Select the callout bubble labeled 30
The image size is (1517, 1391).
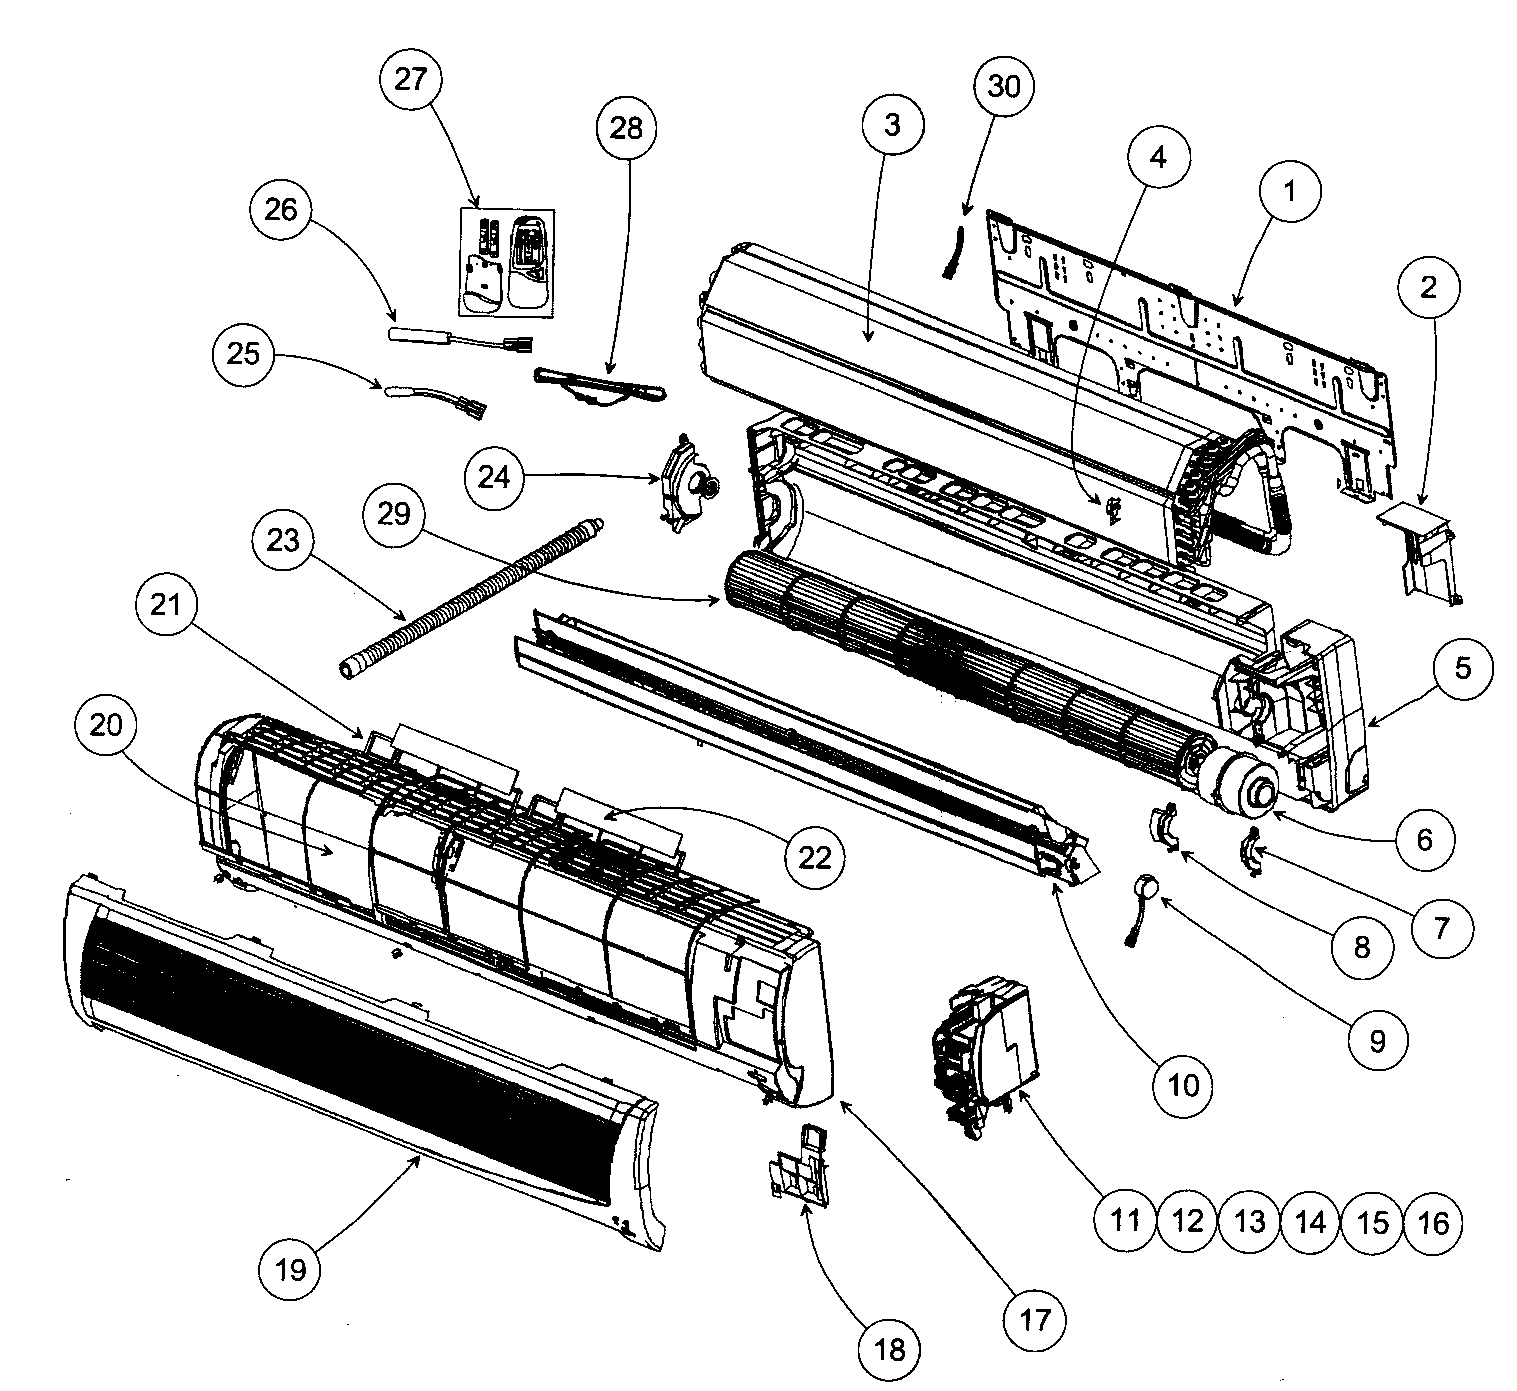[x=1004, y=87]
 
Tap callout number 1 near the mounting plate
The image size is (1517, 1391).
[x=1288, y=191]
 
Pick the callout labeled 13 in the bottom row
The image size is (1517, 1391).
[x=1249, y=1221]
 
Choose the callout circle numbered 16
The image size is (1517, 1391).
[x=1434, y=1221]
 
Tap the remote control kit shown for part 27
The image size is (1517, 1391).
[x=505, y=262]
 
